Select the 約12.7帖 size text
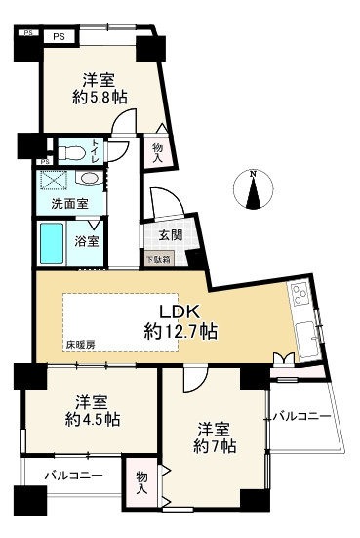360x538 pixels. pos(179,332)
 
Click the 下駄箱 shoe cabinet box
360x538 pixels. pos(159,259)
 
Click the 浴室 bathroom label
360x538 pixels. pos(88,240)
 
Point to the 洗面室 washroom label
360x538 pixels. pos(69,206)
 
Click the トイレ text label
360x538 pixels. pos(95,151)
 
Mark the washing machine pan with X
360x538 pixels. pos(54,181)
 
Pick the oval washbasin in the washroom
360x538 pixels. pos(89,180)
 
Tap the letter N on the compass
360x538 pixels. pos(253,175)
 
